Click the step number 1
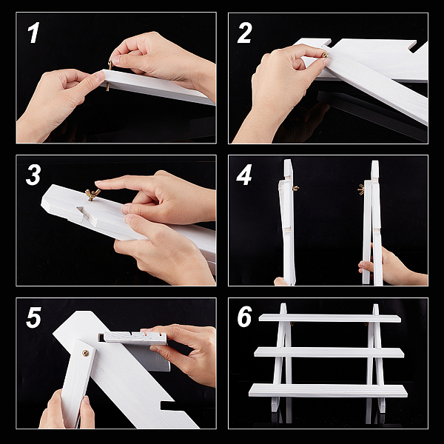tap(33, 33)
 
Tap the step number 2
tap(244, 33)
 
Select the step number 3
tap(33, 175)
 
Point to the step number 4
tap(244, 175)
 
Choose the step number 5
tap(33, 317)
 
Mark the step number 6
tap(245, 317)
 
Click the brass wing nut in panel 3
tap(92, 194)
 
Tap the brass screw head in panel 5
tap(85, 353)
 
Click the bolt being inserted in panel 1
tap(110, 76)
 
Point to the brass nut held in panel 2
tap(325, 54)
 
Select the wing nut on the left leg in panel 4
tap(295, 188)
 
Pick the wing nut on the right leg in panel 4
tap(361, 189)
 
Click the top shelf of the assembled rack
tap(330, 318)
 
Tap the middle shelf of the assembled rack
tap(329, 353)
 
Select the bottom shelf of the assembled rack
tap(328, 390)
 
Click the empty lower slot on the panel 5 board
tap(169, 406)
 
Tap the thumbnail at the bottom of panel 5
tap(87, 400)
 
